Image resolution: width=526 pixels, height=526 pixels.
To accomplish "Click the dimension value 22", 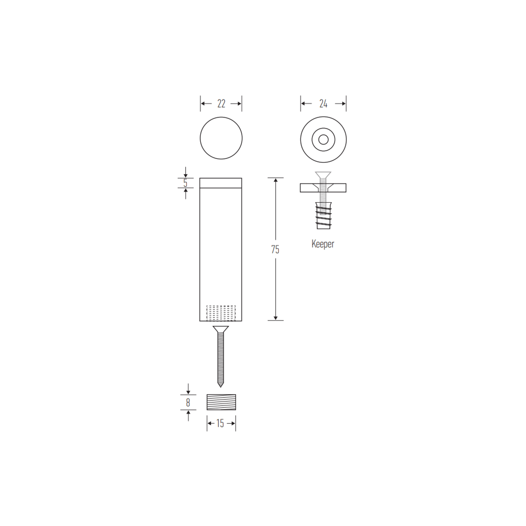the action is (221, 104).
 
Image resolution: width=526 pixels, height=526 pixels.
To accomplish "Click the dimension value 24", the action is (323, 104).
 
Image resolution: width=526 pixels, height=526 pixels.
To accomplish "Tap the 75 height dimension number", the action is (275, 250).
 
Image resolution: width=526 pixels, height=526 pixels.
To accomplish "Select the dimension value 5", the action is (185, 183).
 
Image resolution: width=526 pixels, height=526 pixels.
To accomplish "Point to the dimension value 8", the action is (188, 402).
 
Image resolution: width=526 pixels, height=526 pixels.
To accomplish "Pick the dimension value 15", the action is (220, 423).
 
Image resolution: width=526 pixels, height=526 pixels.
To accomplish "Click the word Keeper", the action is (323, 244).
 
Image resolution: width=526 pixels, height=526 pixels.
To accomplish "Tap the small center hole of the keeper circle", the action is (324, 140).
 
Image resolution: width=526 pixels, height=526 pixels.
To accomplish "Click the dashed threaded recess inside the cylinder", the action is (221, 313).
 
